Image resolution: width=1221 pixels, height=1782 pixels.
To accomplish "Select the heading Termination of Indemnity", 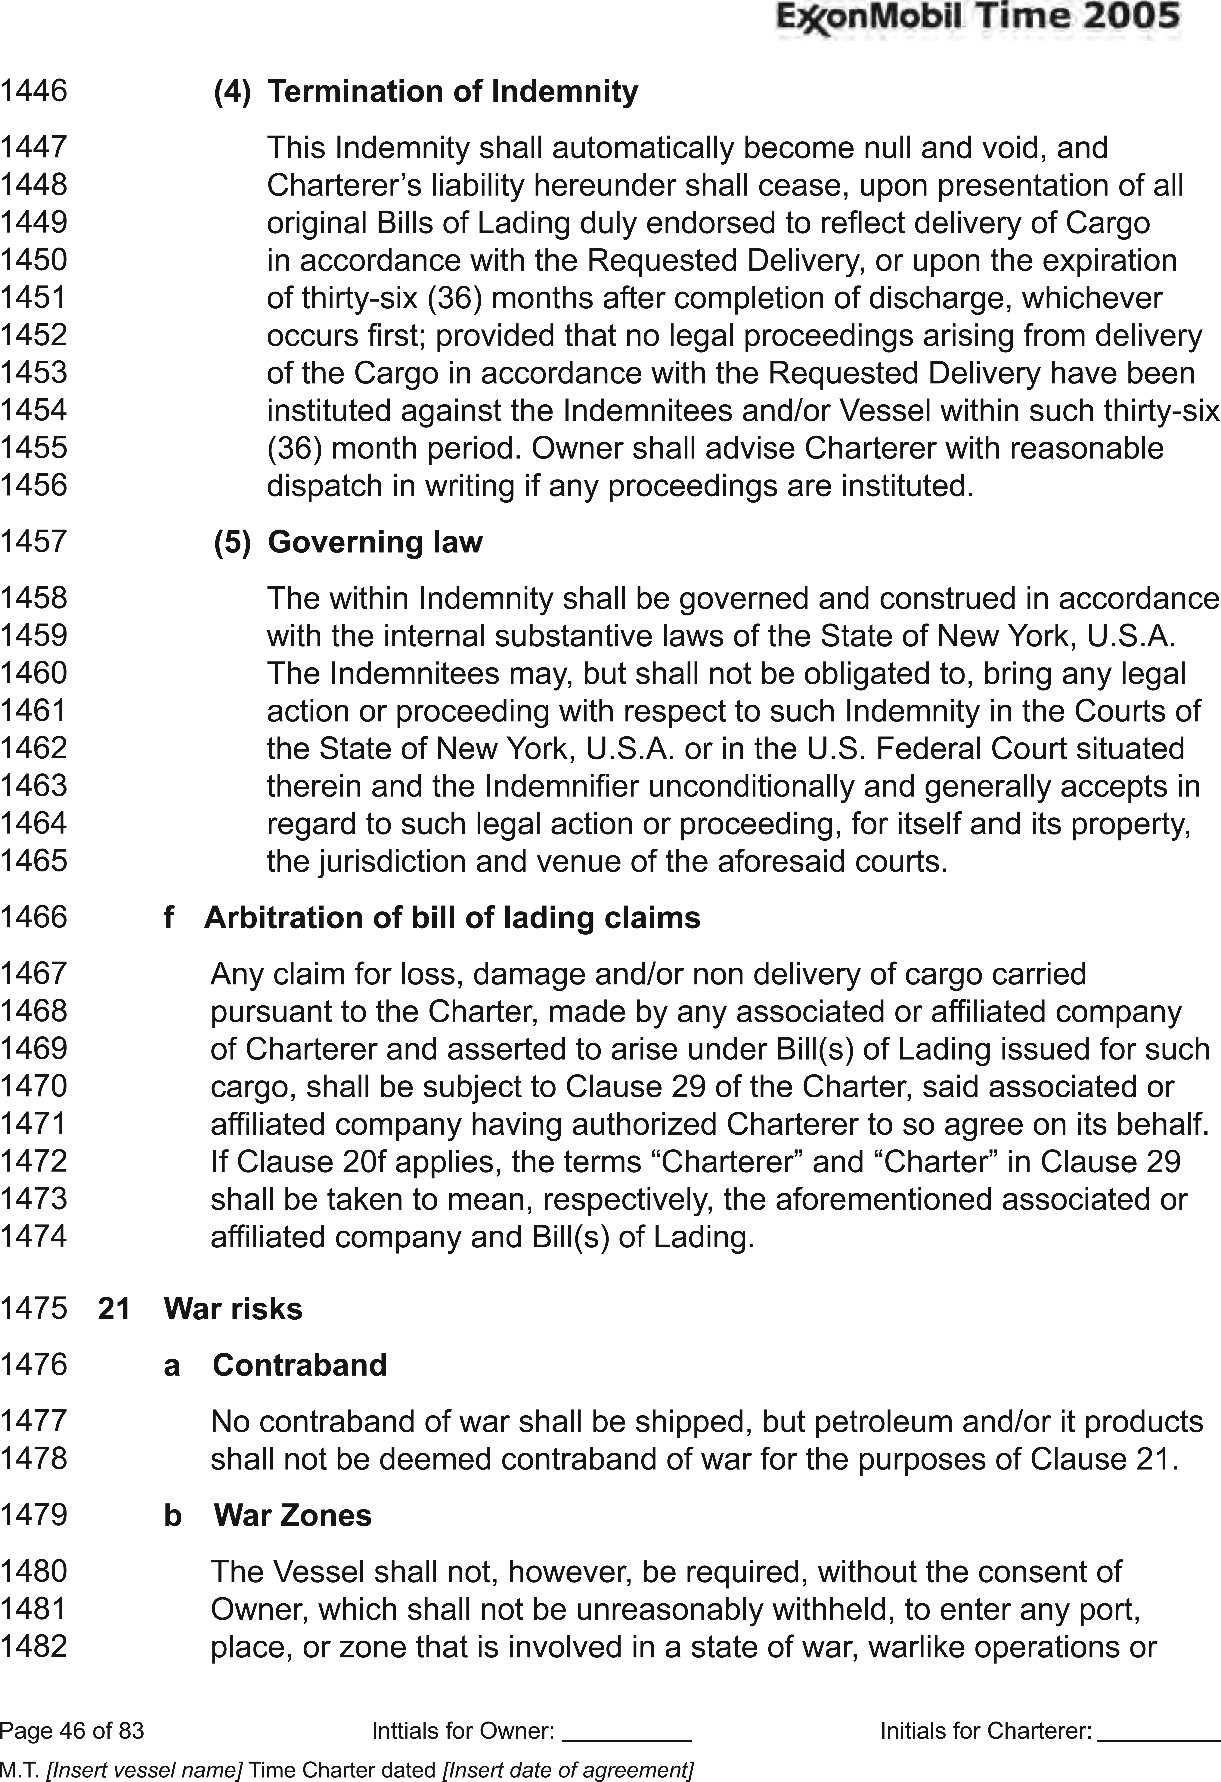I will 453,92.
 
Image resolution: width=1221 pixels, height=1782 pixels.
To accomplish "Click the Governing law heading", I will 375,542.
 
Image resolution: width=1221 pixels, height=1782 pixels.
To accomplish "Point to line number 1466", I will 34,917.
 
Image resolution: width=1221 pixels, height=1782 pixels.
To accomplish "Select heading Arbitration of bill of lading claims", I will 452,918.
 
